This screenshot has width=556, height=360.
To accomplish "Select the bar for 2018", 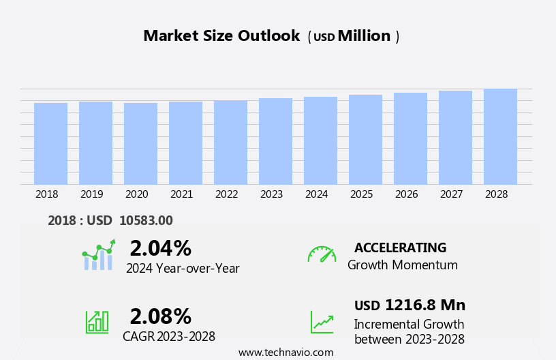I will point(50,144).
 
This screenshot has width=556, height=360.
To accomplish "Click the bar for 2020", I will point(140,144).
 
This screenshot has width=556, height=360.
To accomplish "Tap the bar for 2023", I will point(275,141).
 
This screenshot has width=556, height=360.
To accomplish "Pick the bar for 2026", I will point(410,138).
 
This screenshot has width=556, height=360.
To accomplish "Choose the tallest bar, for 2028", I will point(500,136).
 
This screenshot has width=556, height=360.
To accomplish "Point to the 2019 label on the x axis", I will point(92,194).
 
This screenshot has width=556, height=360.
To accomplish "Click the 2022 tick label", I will point(227,194).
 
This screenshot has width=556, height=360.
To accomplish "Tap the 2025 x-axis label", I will point(362,194).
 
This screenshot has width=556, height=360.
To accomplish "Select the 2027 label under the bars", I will point(452,194).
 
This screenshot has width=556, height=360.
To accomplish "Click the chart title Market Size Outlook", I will point(221,36).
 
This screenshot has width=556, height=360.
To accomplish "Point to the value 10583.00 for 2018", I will point(146,220).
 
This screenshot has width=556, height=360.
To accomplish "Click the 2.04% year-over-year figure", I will point(160,248).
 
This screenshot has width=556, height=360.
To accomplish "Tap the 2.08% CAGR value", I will point(160,316).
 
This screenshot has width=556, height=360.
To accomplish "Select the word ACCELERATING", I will point(400,248).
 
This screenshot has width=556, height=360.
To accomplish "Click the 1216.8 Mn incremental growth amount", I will point(424,305).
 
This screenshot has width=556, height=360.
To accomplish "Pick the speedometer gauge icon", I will point(322,254).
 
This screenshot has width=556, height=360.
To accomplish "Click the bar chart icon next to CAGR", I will point(97,322).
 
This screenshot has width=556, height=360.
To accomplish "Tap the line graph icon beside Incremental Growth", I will point(322,322).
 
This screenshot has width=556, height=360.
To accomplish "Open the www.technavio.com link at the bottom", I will point(285,352).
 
